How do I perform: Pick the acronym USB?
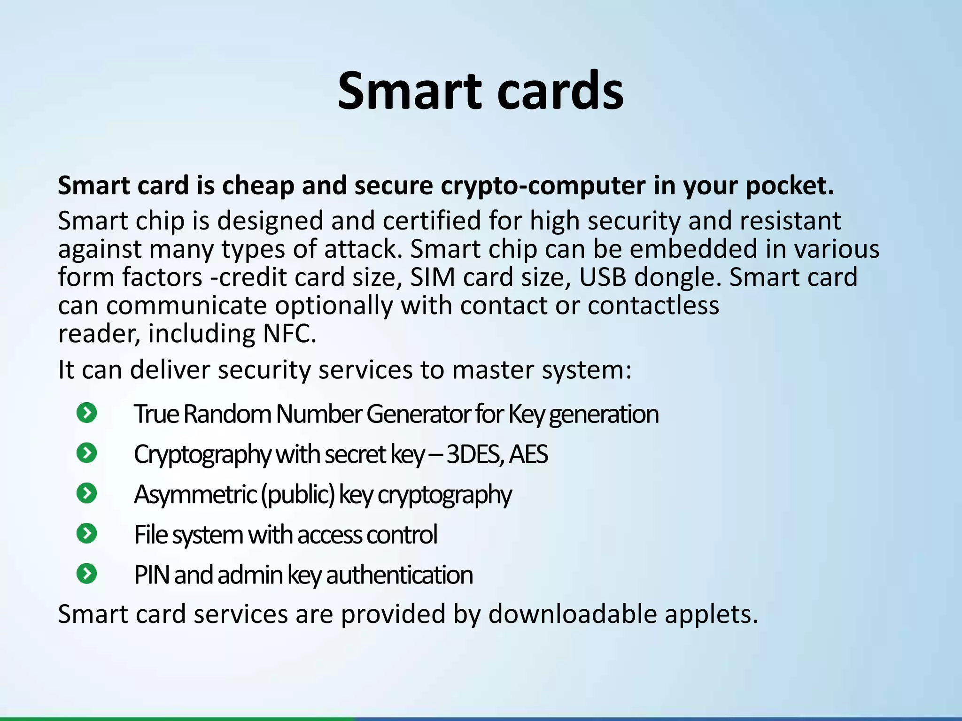pos(602,277)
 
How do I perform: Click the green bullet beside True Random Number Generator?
pos(87,413)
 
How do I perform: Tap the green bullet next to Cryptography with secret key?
pos(87,453)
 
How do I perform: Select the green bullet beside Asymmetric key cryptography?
pos(87,493)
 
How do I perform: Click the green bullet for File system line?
pos(87,533)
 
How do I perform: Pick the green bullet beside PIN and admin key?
pos(87,574)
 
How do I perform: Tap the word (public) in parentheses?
pos(298,495)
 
